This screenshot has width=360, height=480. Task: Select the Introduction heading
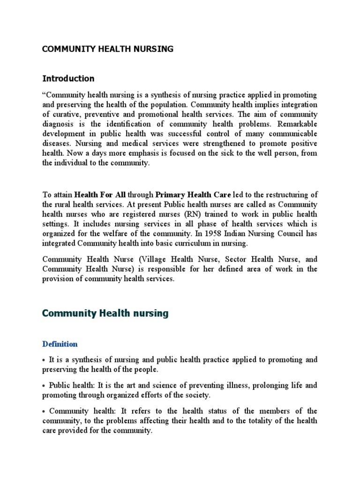click(68, 78)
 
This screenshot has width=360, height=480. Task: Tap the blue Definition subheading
click(60, 344)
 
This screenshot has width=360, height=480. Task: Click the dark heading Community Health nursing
click(105, 314)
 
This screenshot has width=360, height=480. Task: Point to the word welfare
click(128, 234)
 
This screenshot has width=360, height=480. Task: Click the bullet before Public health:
click(44, 386)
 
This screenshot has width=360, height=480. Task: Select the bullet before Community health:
click(44, 411)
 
